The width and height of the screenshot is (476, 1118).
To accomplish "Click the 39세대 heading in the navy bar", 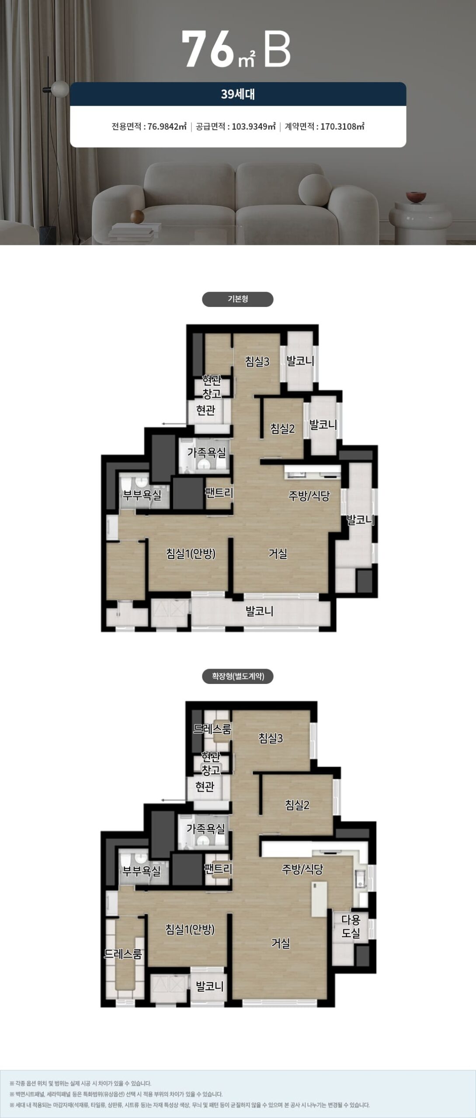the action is pyautogui.click(x=238, y=94).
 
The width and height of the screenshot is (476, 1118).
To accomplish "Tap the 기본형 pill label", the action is pyautogui.click(x=238, y=299).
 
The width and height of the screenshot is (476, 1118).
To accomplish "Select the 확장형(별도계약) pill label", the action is pyautogui.click(x=238, y=676).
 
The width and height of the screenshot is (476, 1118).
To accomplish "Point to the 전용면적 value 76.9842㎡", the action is pyautogui.click(x=167, y=127).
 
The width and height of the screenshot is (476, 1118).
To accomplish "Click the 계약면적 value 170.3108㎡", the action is pyautogui.click(x=343, y=127).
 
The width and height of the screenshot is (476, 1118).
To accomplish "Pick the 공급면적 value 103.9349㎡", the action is pyautogui.click(x=254, y=127).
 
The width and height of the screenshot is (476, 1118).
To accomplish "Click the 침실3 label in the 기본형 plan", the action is pyautogui.click(x=257, y=362).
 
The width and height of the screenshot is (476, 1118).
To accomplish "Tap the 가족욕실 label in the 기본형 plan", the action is pyautogui.click(x=206, y=452).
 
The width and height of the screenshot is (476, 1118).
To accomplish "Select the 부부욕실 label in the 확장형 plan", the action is pyautogui.click(x=142, y=871).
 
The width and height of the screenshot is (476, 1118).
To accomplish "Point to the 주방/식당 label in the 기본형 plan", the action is pyautogui.click(x=309, y=496).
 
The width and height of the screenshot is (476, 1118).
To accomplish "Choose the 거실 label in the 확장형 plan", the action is pyautogui.click(x=281, y=943).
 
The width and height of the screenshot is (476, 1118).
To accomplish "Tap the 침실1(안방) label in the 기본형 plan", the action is pyautogui.click(x=191, y=554).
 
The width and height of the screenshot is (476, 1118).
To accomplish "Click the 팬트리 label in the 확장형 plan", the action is pyautogui.click(x=218, y=868).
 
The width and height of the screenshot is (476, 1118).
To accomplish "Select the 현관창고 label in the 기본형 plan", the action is pyautogui.click(x=212, y=386).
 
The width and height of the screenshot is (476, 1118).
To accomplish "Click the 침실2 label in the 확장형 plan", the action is pyautogui.click(x=297, y=804).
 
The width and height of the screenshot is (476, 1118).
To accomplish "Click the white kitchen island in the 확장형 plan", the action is pyautogui.click(x=319, y=899).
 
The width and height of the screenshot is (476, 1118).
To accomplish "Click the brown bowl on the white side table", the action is pyautogui.click(x=415, y=197).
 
